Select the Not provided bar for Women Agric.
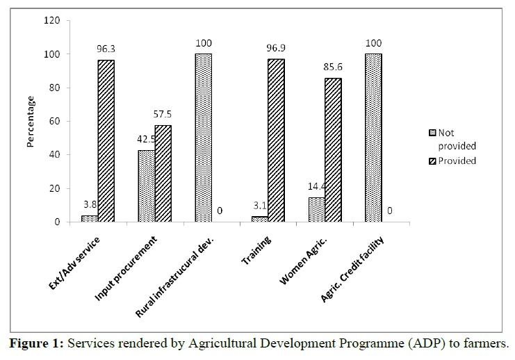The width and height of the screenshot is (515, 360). click(x=316, y=210)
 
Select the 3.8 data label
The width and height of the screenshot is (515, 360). click(x=88, y=206)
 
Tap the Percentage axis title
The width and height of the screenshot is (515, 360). click(x=30, y=121)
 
